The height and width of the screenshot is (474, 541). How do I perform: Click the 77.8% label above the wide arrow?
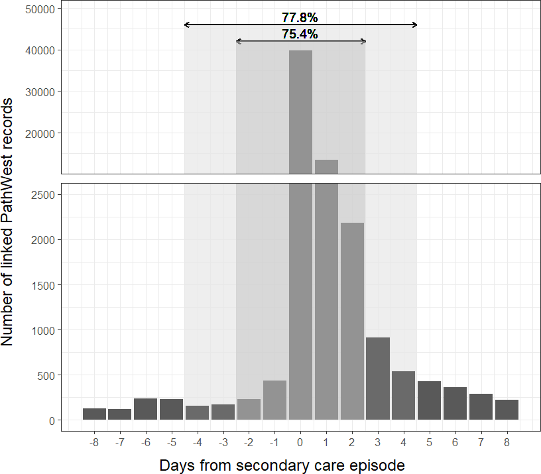click(x=300, y=17)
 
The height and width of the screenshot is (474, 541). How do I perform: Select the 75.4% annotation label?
click(x=300, y=34)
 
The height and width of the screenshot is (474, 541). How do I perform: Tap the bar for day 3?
click(x=378, y=379)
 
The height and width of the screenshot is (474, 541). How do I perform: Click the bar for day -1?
click(x=274, y=400)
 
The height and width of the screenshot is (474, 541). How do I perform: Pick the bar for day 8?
click(x=507, y=410)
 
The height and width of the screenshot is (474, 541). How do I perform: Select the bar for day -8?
click(x=94, y=414)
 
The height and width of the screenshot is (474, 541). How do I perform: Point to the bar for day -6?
click(x=146, y=409)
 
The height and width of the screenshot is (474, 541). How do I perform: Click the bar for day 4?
click(x=404, y=395)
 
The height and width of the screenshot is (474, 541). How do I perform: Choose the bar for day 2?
click(x=352, y=321)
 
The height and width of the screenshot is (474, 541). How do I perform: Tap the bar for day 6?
click(x=455, y=403)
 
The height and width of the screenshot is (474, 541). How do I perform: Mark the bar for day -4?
click(x=198, y=412)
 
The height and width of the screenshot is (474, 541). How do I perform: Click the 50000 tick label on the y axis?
click(x=40, y=9)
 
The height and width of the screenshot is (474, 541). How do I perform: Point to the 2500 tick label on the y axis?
click(x=43, y=195)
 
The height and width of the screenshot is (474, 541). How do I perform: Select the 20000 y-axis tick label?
click(x=40, y=134)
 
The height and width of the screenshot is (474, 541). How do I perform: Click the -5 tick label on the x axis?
click(x=172, y=442)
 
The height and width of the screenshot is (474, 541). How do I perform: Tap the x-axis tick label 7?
click(x=481, y=442)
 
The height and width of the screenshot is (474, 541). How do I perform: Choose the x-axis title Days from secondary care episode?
click(x=282, y=465)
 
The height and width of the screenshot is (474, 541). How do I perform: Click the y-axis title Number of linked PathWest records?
click(x=7, y=222)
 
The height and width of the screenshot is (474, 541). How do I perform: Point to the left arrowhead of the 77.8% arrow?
click(x=187, y=25)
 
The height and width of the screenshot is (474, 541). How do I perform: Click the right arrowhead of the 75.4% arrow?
click(x=363, y=41)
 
